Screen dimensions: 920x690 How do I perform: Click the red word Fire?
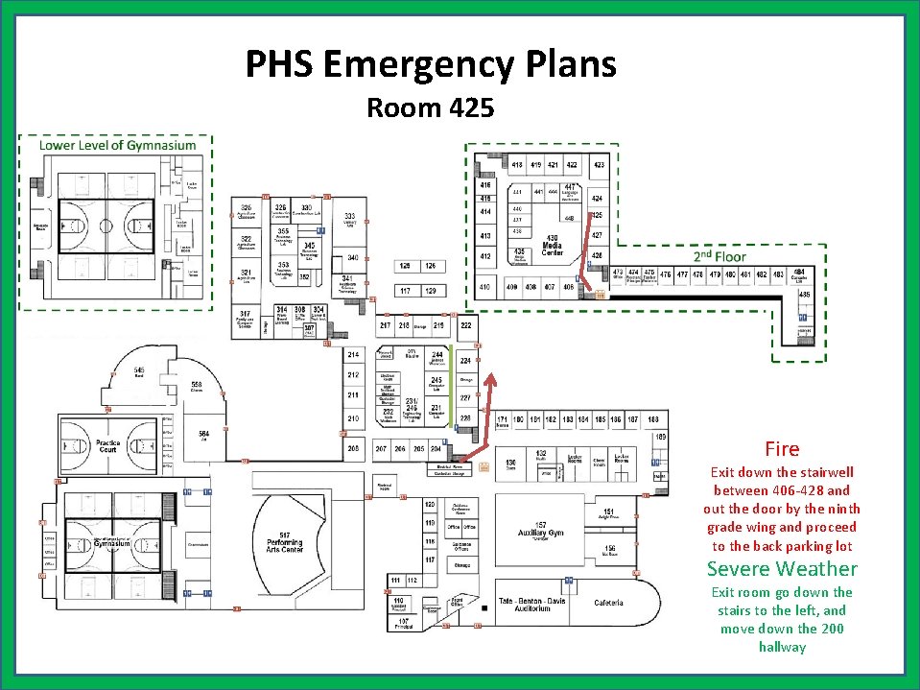coord(782,448)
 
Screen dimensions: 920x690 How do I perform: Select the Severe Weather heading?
coord(782,568)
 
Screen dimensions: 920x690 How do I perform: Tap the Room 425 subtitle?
coord(430,107)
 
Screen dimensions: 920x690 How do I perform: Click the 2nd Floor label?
coord(719,256)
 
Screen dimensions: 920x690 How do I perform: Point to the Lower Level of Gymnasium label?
coord(117,145)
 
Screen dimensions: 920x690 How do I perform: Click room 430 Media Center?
coord(552,243)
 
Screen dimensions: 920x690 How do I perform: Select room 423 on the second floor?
coord(599,165)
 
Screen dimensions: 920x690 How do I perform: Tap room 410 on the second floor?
coord(485,287)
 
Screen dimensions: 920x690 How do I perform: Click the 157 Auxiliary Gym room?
coord(541,529)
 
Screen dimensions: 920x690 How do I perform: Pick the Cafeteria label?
coord(608,603)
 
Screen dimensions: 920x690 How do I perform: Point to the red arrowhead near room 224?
coord(492,380)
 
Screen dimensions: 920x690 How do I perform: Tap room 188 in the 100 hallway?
coord(653,419)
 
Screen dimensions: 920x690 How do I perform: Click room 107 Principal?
coord(403,623)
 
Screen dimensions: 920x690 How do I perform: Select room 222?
coord(466,326)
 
